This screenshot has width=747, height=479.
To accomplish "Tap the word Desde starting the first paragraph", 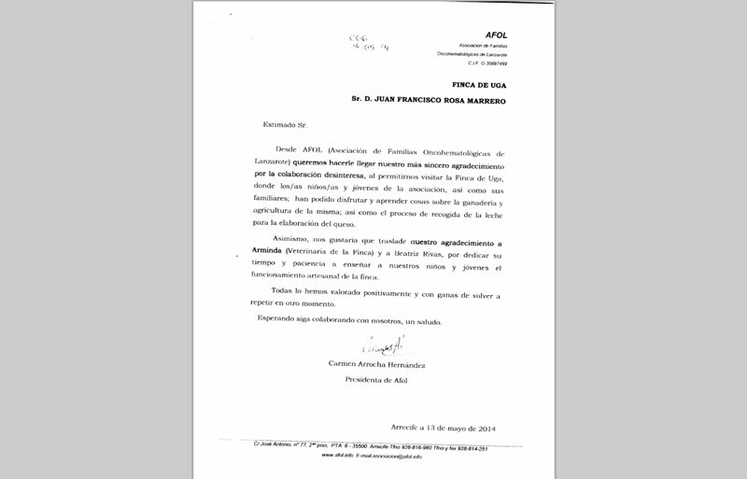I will coord(291,150).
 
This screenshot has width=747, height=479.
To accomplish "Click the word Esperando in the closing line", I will coord(280,320).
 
